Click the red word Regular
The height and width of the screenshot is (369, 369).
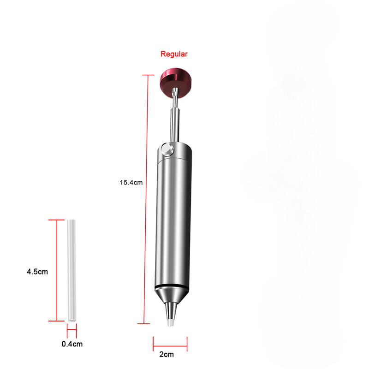pos(174,54)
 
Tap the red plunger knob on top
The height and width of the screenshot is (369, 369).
pos(175,81)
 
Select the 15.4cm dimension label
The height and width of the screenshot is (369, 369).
pos(131,182)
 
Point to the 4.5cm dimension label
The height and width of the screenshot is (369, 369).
pos(37,272)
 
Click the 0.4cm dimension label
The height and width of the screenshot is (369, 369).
pos(72,344)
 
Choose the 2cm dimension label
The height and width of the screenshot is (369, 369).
pos(167,354)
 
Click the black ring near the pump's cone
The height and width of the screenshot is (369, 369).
pos(172,287)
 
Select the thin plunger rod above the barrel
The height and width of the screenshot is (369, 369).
pos(175,115)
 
